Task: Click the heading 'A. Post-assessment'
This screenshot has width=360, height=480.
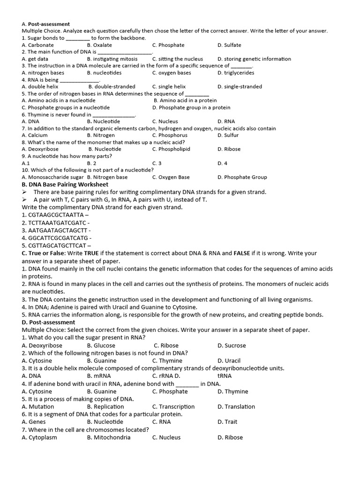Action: click(45, 24)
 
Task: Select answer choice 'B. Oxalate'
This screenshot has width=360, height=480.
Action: click(99, 45)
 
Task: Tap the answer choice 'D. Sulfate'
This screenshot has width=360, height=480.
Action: click(229, 45)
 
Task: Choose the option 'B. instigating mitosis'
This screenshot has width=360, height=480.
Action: click(112, 59)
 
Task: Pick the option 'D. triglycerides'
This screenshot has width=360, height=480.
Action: click(236, 73)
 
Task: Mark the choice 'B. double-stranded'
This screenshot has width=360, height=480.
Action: click(112, 87)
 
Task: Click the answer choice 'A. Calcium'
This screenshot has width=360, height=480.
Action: click(35, 135)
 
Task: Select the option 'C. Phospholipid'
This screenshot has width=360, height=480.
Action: click(171, 149)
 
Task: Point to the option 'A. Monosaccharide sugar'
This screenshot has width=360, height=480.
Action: click(52, 177)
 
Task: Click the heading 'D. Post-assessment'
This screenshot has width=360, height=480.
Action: click(48, 322)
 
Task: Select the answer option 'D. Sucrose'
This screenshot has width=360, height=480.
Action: click(232, 345)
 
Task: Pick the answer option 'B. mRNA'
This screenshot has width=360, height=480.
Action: click(99, 376)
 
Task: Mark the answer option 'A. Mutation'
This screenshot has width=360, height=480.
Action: click(37, 406)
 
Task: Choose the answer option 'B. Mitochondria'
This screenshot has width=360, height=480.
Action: click(109, 437)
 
